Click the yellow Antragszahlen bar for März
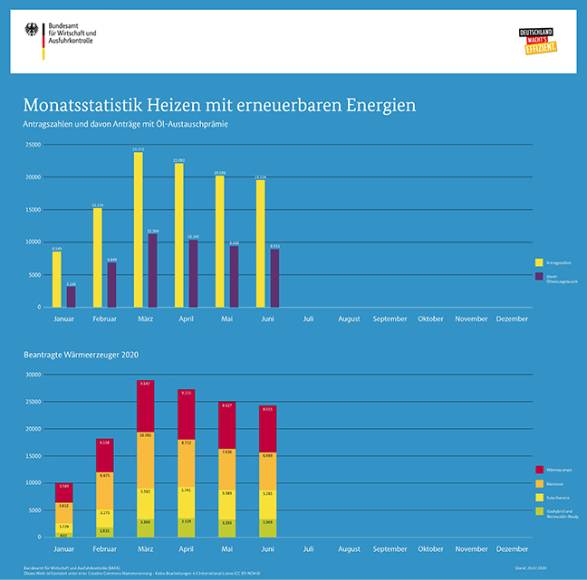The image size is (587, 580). click(138, 230)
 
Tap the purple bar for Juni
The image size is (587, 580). click(274, 278)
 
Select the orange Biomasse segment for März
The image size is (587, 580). click(145, 459)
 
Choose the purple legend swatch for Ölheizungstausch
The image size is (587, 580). click(539, 278)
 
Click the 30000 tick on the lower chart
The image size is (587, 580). click(32, 374)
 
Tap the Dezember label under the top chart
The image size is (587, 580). click(513, 319)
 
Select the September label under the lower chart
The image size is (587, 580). click(390, 549)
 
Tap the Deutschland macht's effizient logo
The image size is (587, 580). click(535, 40)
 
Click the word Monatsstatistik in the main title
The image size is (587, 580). click(84, 105)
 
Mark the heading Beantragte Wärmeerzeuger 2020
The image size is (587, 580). click(82, 353)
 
